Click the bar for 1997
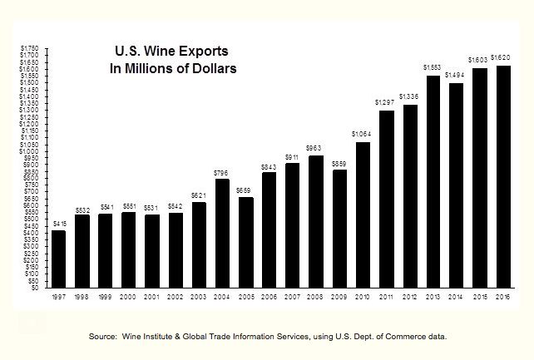58,259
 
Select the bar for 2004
221,233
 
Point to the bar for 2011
386,199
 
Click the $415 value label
58,224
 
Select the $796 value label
220,172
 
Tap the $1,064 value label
362,135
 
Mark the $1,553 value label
433,68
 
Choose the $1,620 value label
503,58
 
